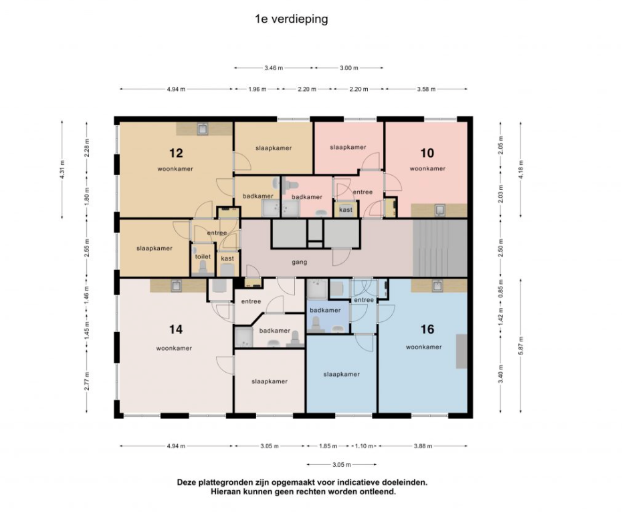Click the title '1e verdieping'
coord(292,19)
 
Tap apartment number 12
coord(176,153)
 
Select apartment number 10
coord(427,153)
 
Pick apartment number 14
coord(176,329)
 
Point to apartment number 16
coord(427,329)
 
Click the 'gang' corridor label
coord(300,262)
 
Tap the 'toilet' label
coord(203,256)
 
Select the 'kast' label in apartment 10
coord(346,210)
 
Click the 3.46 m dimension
coord(274,67)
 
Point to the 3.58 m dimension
coord(426,89)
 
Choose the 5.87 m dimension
coord(521,345)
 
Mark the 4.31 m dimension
coord(62,170)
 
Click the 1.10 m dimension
coord(364,446)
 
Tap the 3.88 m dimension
coord(423,446)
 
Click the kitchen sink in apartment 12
coord(203,129)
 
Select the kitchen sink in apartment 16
coord(437,286)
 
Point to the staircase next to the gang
coord(440,248)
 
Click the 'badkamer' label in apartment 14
coord(274,331)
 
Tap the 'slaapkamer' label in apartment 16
coord(342,375)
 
